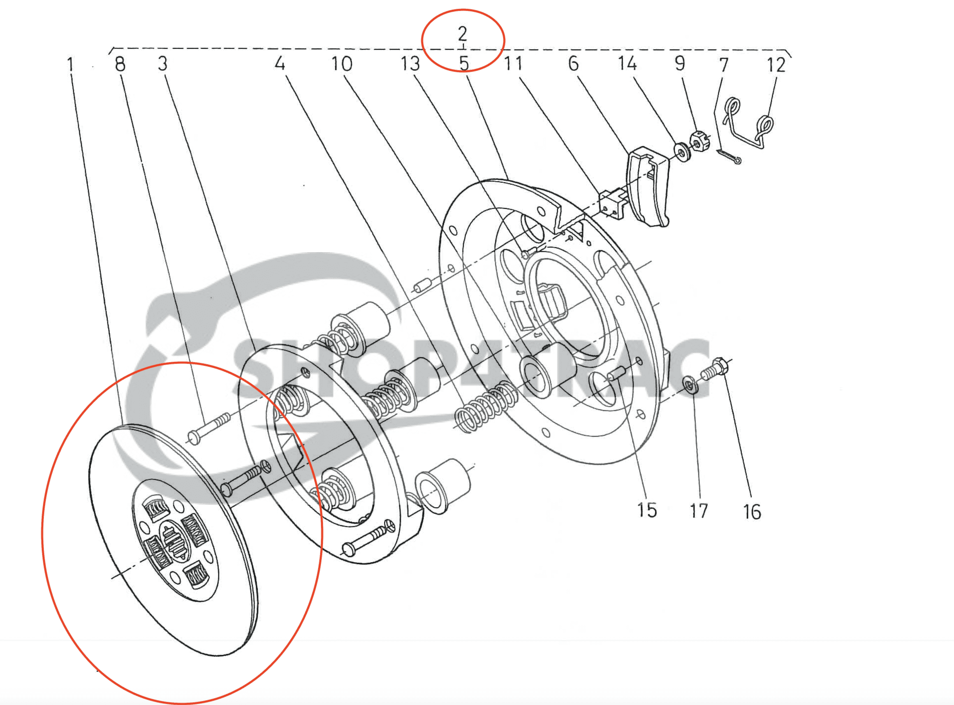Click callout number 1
[70, 65]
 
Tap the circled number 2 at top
[463, 33]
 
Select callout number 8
[120, 64]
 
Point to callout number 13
[410, 64]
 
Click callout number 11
[513, 63]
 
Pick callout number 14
[628, 63]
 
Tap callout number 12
[776, 65]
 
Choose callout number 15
[647, 510]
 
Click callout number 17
[699, 511]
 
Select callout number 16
[752, 512]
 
